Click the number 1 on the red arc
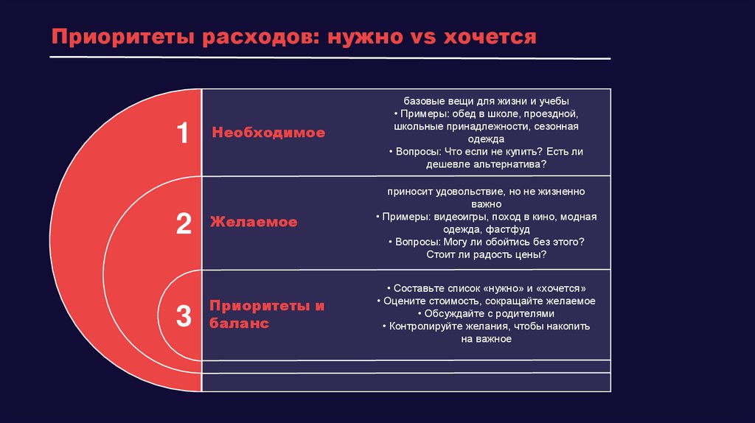click(x=183, y=134)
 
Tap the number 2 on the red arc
click(x=184, y=223)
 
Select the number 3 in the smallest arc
click(x=184, y=315)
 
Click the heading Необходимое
click(x=268, y=133)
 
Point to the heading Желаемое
click(x=254, y=222)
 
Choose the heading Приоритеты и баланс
click(x=267, y=315)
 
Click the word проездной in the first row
click(x=554, y=114)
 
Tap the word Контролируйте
click(x=425, y=326)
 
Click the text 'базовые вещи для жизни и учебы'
click(x=486, y=101)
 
